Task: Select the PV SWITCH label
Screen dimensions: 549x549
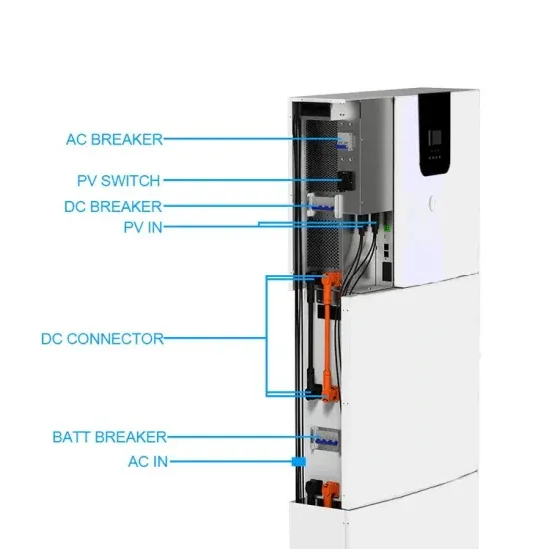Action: click(x=117, y=181)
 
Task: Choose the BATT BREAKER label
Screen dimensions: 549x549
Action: click(x=108, y=437)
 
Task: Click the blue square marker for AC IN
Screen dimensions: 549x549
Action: click(x=296, y=462)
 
